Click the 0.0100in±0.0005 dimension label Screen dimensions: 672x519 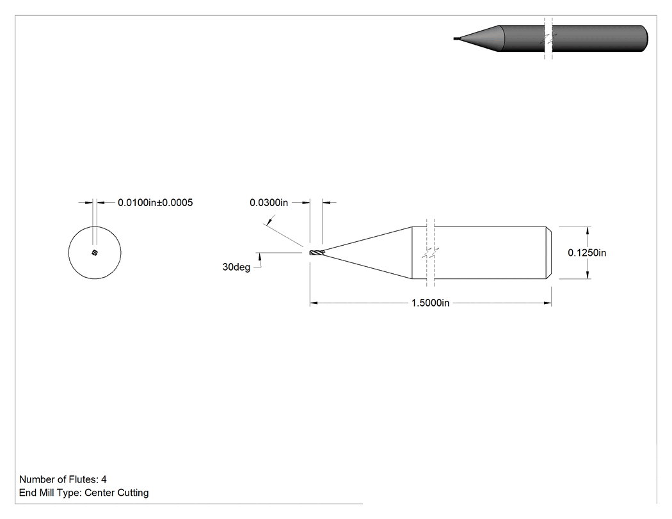pos(155,202)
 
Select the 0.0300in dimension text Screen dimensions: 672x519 pos(269,202)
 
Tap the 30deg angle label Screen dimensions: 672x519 pos(236,267)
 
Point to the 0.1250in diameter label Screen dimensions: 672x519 pos(587,253)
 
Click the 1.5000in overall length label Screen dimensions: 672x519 pos(430,303)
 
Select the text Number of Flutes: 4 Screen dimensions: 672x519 pos(63,479)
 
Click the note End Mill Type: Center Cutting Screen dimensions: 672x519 pos(84,492)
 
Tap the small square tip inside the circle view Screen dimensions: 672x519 pos(95,253)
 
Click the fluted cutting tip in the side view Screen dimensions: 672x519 pos(317,253)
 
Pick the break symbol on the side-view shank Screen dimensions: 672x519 pos(431,253)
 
